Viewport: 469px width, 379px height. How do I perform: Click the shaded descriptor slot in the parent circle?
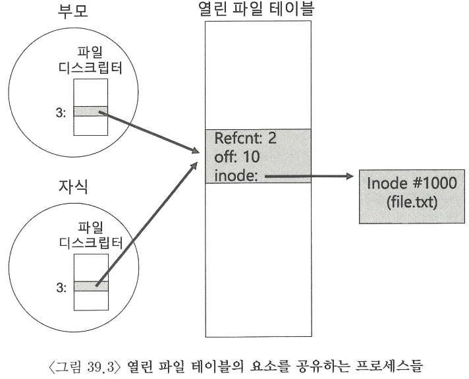pos(90,111)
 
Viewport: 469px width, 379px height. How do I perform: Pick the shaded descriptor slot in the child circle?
pos(90,286)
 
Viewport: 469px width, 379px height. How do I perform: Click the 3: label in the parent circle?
pos(61,111)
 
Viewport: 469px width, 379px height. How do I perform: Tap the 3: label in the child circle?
pos(61,287)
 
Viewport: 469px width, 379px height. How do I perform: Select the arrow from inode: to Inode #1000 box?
pos(310,176)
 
